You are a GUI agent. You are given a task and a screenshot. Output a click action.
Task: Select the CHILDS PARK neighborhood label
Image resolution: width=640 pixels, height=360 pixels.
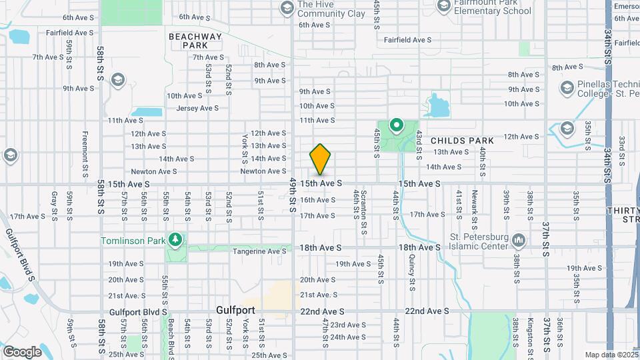[462, 141]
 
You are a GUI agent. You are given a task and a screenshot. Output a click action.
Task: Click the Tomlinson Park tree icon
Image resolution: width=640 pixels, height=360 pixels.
[175, 239]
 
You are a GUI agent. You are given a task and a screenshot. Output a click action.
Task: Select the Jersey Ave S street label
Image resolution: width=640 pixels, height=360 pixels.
[197, 108]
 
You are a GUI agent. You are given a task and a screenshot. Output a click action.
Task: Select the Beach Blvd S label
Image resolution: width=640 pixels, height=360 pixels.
[171, 338]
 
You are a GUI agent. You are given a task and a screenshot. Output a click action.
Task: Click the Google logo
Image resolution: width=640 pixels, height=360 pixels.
[22, 351]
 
